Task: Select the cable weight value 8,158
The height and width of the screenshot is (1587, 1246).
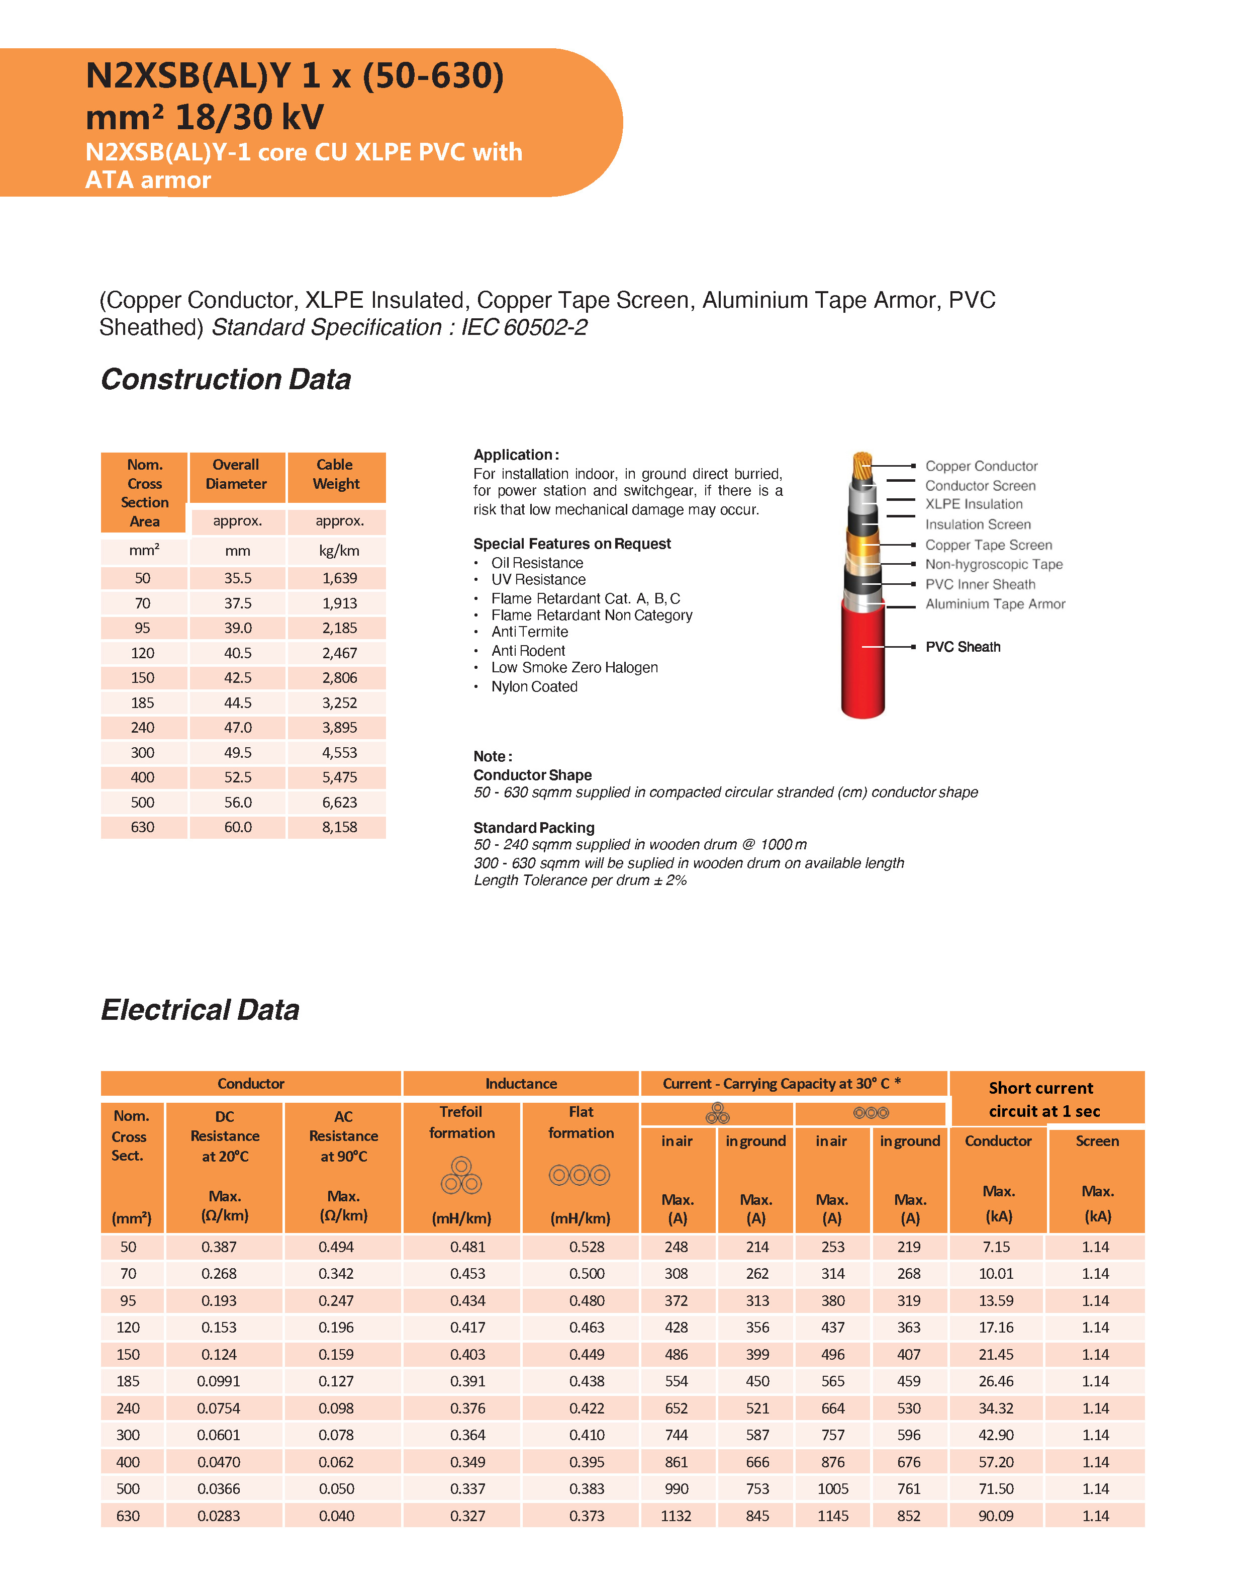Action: coord(339,827)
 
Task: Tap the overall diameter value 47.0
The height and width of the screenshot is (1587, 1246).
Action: coord(238,728)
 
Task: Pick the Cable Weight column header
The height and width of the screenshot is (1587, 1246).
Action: coord(336,474)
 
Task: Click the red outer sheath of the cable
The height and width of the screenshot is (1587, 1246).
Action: coord(862,664)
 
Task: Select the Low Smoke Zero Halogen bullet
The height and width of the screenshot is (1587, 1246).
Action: coord(574,668)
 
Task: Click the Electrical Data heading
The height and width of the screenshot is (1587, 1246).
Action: coord(200,1010)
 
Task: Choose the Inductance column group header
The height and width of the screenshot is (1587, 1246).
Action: coord(521,1084)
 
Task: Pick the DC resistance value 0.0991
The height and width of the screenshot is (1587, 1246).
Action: coord(218,1381)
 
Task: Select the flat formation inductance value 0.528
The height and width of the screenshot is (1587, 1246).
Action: coord(587,1247)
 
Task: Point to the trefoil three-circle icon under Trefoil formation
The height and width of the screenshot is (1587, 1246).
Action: coord(461,1175)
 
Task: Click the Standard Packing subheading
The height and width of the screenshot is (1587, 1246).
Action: coord(533,827)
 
